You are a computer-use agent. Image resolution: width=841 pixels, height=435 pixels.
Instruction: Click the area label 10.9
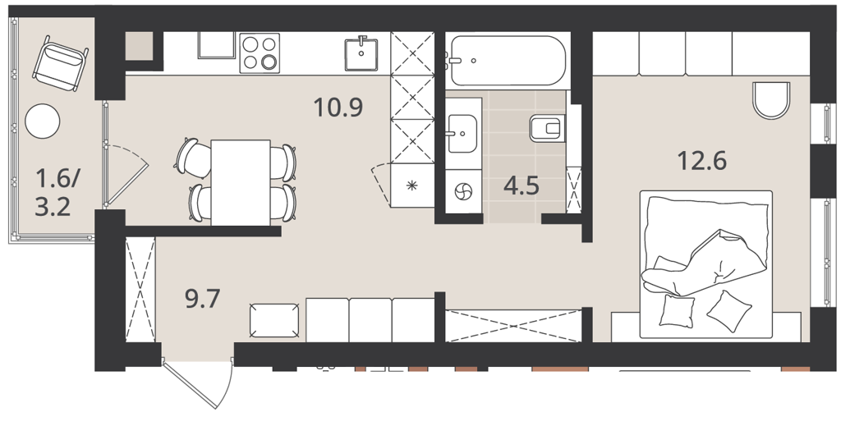point(338,108)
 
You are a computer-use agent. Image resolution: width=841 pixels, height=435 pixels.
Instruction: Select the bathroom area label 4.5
point(522,185)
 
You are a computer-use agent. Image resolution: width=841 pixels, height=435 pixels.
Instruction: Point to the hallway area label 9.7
point(203,299)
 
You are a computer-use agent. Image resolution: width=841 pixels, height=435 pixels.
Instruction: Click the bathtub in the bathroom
point(508,61)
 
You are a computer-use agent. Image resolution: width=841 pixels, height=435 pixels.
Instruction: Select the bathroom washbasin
point(462,134)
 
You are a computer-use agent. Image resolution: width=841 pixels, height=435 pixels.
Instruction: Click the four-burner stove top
point(260,52)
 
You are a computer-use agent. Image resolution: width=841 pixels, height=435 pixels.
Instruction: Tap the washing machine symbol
point(463,191)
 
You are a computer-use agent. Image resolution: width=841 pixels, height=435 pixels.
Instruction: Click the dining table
point(241,183)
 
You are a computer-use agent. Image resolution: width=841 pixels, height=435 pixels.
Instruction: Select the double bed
point(705,264)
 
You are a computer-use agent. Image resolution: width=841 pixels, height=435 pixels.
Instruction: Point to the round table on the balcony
point(43,121)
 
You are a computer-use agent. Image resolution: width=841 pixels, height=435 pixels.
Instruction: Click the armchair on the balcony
point(60,62)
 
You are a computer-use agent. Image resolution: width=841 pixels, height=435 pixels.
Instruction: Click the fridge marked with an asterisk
point(412,185)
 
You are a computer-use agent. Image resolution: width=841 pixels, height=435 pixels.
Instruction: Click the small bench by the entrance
point(274,320)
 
